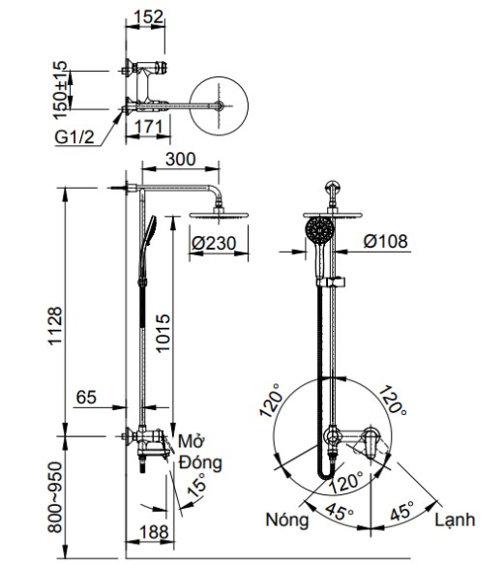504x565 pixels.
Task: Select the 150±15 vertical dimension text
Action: pyautogui.click(x=62, y=86)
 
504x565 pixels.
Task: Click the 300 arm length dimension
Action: pyautogui.click(x=181, y=160)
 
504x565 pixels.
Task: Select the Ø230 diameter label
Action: pyautogui.click(x=214, y=246)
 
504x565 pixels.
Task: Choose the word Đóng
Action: pyautogui.click(x=199, y=462)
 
